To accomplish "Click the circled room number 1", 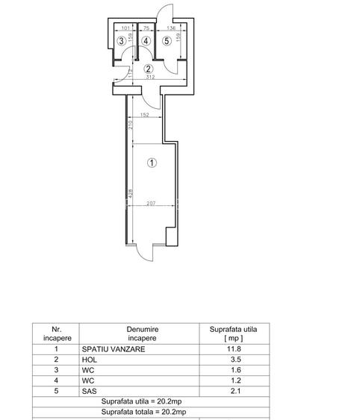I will [x=152, y=162].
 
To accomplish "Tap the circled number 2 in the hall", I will [x=149, y=69].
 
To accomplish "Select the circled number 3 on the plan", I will [x=122, y=41].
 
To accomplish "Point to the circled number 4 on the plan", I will [x=146, y=41].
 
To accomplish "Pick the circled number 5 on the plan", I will [x=167, y=41].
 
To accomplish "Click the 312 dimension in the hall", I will [x=150, y=76].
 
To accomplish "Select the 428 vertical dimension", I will [x=129, y=195].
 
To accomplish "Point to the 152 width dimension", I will [x=143, y=116].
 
